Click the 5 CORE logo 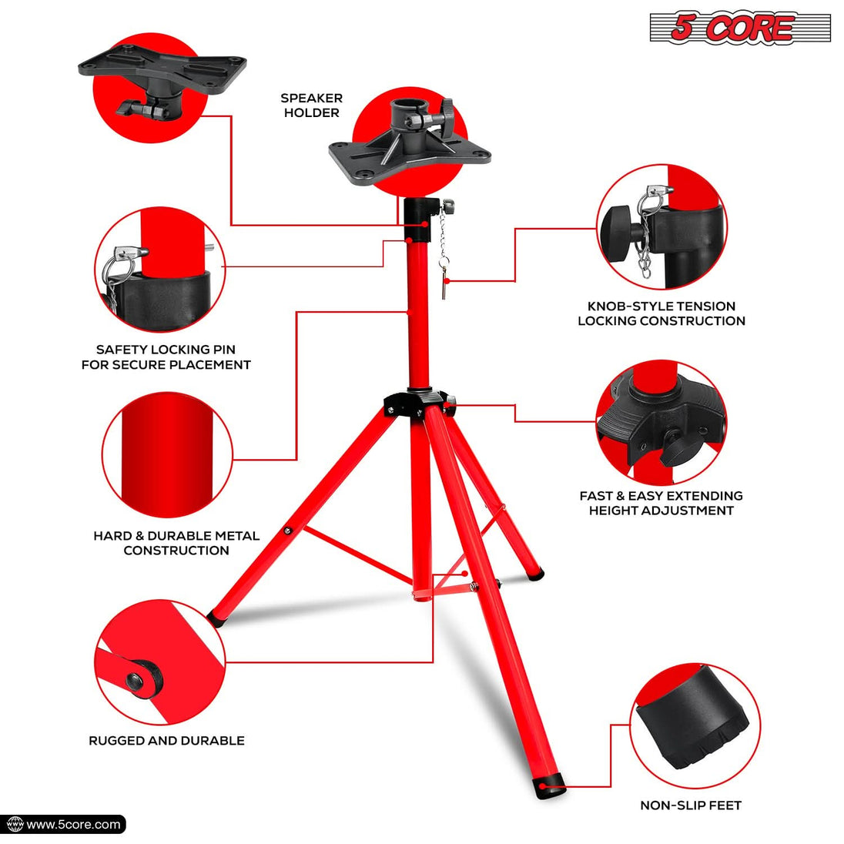coord(740,28)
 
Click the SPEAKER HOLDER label coord(311,105)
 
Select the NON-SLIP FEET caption coord(691,805)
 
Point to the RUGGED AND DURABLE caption coord(166,741)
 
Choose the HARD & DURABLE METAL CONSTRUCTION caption coord(176,543)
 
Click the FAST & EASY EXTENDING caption coord(661,496)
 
